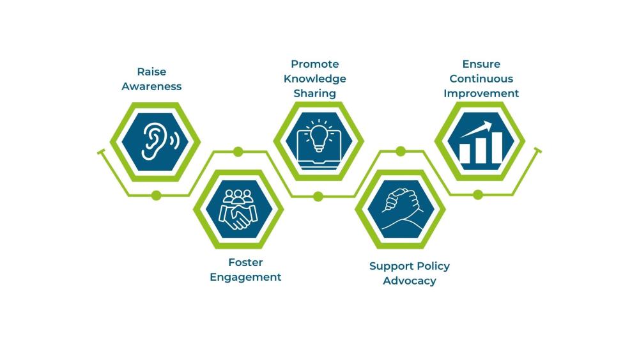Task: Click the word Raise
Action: click(151, 72)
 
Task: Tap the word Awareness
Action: click(151, 86)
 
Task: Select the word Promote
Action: click(315, 64)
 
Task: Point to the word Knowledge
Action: click(315, 79)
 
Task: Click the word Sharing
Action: click(315, 93)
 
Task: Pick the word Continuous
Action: click(481, 79)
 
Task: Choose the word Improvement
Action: click(481, 93)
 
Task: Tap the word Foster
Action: click(245, 262)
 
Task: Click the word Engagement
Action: click(245, 277)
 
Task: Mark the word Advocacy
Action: click(410, 281)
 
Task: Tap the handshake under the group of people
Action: click(237, 217)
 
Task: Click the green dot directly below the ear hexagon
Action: click(156, 195)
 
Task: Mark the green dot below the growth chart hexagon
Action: click(478, 195)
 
